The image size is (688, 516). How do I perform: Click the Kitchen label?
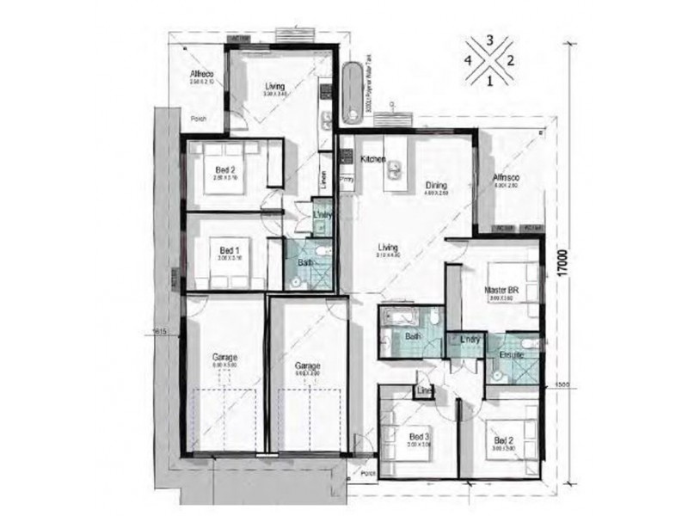pos(372,160)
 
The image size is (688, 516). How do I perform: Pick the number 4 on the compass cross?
pos(469,60)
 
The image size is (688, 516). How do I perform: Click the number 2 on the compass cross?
pos(510,60)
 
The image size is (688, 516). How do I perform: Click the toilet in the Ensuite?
pos(532,346)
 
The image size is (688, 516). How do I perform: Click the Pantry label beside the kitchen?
pos(347,180)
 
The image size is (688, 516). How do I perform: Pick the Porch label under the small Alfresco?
pos(199,119)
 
